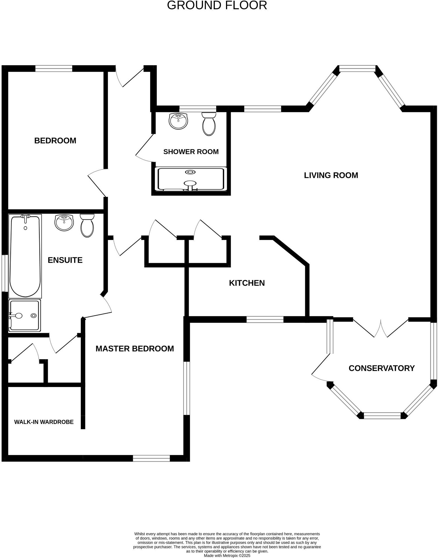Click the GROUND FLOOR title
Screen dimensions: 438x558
click(x=217, y=5)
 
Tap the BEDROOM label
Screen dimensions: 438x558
click(x=55, y=141)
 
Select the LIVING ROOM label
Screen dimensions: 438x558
click(x=331, y=175)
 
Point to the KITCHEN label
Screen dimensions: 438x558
click(x=247, y=283)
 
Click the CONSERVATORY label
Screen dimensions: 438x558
click(x=382, y=368)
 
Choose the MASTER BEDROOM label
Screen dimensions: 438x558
click(x=135, y=349)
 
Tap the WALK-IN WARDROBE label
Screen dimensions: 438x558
click(x=44, y=422)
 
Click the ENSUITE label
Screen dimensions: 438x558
click(x=65, y=260)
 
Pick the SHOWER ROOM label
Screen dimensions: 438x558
click(x=191, y=152)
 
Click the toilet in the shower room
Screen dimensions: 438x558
click(x=209, y=124)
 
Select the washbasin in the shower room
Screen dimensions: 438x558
click(x=178, y=121)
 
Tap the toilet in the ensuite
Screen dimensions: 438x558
click(x=87, y=226)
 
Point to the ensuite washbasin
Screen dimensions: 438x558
click(x=64, y=223)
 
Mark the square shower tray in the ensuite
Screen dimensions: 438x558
click(x=25, y=315)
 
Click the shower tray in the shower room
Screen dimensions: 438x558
click(x=191, y=179)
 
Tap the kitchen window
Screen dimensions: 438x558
click(x=265, y=319)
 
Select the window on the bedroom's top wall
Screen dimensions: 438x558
click(x=54, y=68)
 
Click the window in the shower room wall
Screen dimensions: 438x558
click(x=197, y=109)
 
